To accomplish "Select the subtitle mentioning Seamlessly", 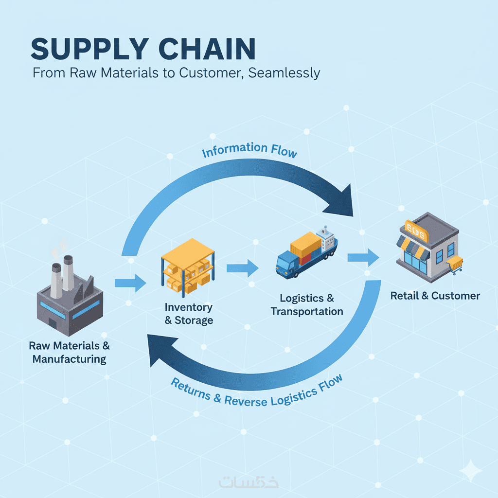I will point(176,73).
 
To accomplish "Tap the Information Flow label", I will point(249,150).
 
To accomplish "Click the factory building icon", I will point(71,297).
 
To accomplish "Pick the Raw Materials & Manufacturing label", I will point(70,353).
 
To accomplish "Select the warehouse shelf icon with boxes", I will point(187,267).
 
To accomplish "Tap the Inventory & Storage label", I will point(189,314).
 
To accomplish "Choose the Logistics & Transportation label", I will point(307,304).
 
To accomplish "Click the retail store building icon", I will point(427,248).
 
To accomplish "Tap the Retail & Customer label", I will point(435,296).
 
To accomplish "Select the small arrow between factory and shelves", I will point(130,283).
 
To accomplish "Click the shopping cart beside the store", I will point(455,265).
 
